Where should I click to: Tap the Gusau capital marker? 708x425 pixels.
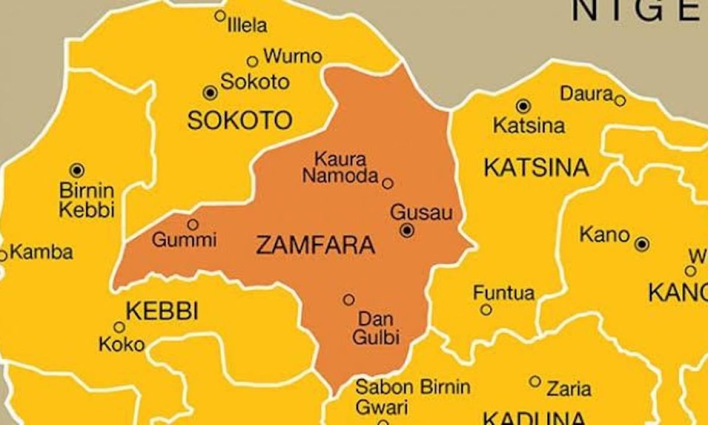pyautogui.click(x=407, y=231)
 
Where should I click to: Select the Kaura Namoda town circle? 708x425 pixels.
pyautogui.click(x=388, y=183)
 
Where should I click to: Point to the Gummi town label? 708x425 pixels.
pyautogui.click(x=185, y=240)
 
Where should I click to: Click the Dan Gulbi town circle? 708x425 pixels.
pyautogui.click(x=349, y=300)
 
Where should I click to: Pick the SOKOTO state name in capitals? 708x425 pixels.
pyautogui.click(x=240, y=120)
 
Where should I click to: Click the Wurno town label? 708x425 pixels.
pyautogui.click(x=293, y=57)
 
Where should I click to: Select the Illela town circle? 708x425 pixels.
pyautogui.click(x=220, y=16)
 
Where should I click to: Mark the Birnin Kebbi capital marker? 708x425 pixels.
pyautogui.click(x=77, y=171)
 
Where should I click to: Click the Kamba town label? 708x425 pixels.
pyautogui.click(x=42, y=253)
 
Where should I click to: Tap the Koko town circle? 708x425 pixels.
pyautogui.click(x=119, y=327)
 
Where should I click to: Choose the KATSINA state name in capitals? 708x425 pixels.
pyautogui.click(x=536, y=168)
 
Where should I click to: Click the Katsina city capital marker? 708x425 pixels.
pyautogui.click(x=523, y=106)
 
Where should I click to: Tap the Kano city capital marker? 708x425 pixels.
pyautogui.click(x=643, y=243)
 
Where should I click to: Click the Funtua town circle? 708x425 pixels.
pyautogui.click(x=486, y=309)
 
